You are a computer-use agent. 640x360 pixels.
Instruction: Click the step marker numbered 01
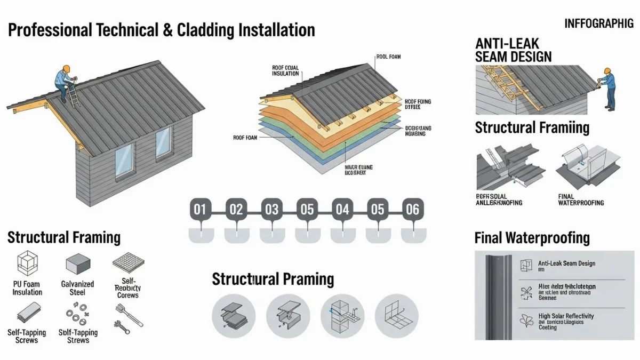(x=199, y=209)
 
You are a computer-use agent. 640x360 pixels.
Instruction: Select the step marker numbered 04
(x=342, y=209)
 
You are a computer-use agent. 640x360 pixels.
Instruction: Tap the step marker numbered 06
(x=412, y=209)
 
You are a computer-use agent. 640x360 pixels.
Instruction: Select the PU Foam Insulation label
(x=27, y=288)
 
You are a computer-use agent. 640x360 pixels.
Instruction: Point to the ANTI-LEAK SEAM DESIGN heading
(x=513, y=50)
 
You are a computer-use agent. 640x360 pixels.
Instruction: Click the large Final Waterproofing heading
(x=532, y=237)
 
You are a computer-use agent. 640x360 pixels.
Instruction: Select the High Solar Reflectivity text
(x=566, y=316)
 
